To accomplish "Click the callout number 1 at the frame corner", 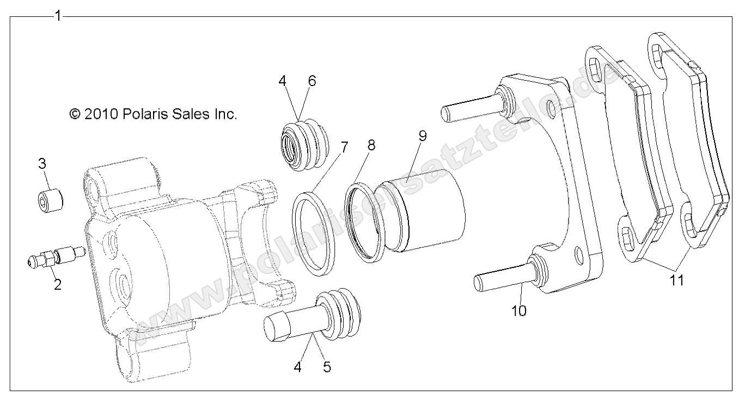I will click(x=58, y=16).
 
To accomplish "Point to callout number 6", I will click(x=312, y=81).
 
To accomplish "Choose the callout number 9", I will click(x=422, y=135).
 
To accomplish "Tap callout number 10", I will click(x=519, y=310).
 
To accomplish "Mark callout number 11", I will click(x=677, y=280).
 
